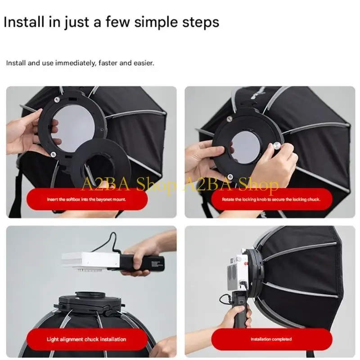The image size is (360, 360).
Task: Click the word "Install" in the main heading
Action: (x=24, y=22)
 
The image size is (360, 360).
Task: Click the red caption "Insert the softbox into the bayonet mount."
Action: (x=86, y=199)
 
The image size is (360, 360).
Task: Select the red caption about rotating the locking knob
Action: (x=271, y=199)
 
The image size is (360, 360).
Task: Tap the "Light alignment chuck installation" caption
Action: (x=86, y=339)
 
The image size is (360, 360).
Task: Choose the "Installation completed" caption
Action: (x=271, y=339)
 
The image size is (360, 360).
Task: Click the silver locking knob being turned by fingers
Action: (x=277, y=146)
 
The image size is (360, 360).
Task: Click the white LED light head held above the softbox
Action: (x=90, y=262)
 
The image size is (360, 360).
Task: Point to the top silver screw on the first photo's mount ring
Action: (x=57, y=99)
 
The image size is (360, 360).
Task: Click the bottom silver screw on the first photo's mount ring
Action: (x=53, y=154)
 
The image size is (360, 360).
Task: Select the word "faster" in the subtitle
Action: (x=108, y=63)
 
